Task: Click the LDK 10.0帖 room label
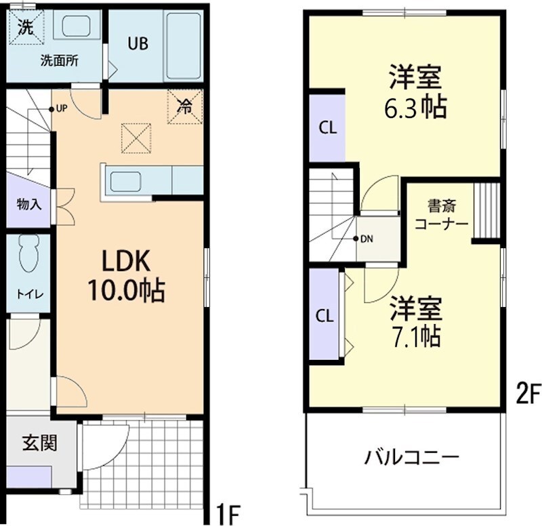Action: click(x=125, y=275)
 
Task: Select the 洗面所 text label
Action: click(x=59, y=60)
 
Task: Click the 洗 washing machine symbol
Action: click(x=25, y=28)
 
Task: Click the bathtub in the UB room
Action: click(x=182, y=45)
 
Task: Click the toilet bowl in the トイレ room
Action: click(x=29, y=254)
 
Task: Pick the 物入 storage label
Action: click(x=28, y=204)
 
